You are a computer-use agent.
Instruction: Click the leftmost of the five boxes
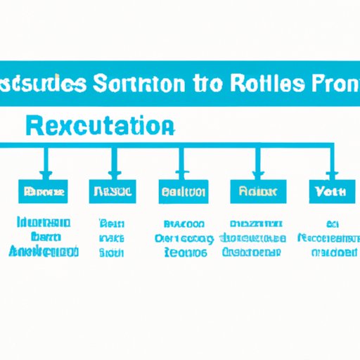pos(42,191)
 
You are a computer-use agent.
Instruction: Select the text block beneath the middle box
pos(181,238)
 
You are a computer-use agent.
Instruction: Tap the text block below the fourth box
pos(253,238)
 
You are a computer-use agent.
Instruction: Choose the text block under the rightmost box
pos(326,238)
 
